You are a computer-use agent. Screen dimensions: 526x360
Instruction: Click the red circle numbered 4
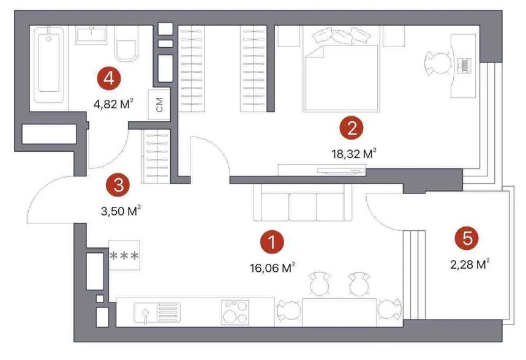coord(109,79)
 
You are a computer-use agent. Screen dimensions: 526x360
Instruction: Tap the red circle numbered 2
coord(351,128)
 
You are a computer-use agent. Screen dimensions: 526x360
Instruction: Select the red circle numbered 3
coord(118,186)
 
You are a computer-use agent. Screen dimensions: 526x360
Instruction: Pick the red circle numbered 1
coord(272,242)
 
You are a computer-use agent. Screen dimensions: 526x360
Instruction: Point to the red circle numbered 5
coord(467,239)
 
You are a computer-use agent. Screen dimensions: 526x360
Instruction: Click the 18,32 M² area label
coord(355,154)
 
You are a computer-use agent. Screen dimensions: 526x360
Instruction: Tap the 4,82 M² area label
coord(114,104)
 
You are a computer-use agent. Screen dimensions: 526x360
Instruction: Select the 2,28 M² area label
coord(470,264)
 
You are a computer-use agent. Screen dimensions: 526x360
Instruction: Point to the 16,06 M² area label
coord(272,268)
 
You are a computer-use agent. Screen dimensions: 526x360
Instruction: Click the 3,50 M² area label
coord(121,211)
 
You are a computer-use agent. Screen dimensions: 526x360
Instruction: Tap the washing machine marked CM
coord(159,104)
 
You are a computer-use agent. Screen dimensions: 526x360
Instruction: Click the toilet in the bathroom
coord(127,43)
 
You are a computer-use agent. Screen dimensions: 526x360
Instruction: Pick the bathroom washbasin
coord(91,36)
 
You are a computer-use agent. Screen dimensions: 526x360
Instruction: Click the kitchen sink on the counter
coord(157,313)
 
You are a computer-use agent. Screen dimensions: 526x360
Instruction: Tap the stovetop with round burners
coord(235,312)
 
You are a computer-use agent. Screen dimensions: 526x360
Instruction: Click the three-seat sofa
coord(303,203)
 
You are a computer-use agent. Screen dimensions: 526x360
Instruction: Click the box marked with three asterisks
coord(124,255)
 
